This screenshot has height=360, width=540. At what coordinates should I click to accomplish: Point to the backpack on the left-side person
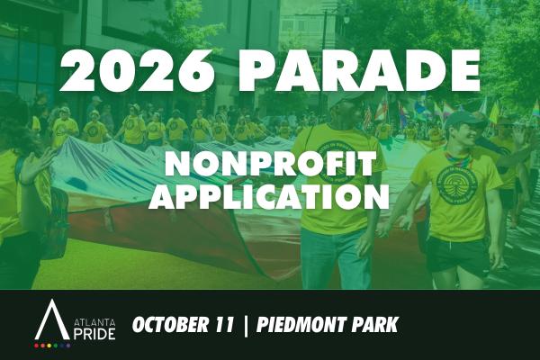click(x=54, y=220)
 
